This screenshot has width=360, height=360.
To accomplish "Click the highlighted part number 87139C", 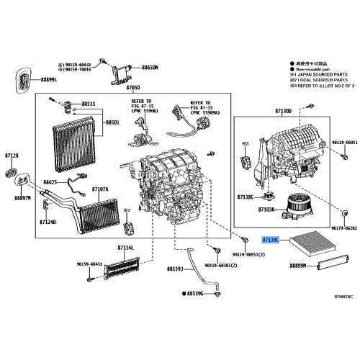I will pos(274,238).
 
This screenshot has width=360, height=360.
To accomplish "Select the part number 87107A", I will pos(100,189).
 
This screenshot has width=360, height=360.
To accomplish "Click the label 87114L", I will pos(125,248).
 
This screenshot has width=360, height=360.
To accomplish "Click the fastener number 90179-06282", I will pos(341,227).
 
